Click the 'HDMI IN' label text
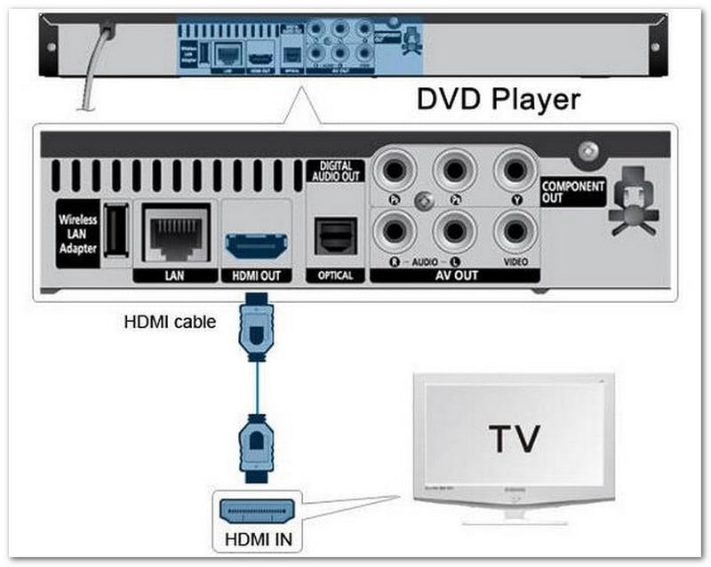pyautogui.click(x=259, y=539)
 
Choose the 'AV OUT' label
pyautogui.click(x=454, y=276)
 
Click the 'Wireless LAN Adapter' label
pyautogui.click(x=76, y=234)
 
